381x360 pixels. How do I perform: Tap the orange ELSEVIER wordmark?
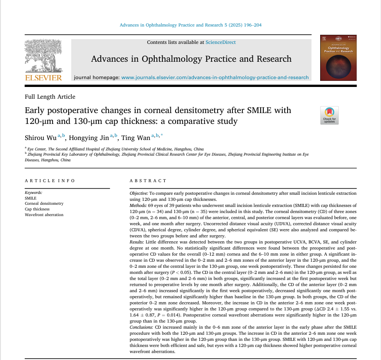(x=43, y=78)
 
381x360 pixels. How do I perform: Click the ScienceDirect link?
(x=221, y=42)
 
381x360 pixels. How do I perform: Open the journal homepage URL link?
(x=215, y=77)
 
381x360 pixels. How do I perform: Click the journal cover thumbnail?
(x=338, y=58)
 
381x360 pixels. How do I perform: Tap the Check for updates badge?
(x=329, y=115)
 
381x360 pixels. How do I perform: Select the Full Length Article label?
(x=50, y=97)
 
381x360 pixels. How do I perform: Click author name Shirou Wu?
(x=40, y=137)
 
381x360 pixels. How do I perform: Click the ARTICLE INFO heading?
(x=50, y=180)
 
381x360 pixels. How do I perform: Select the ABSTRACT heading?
(x=148, y=180)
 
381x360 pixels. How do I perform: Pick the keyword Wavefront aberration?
(x=44, y=215)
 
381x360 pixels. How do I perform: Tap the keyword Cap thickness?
(x=37, y=209)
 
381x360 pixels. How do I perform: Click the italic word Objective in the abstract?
(x=139, y=193)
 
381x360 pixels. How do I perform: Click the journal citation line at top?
(x=190, y=25)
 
